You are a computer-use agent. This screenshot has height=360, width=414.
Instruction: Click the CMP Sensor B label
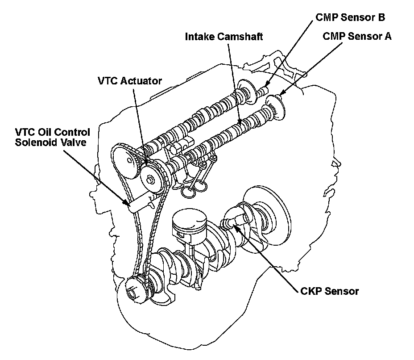(350, 18)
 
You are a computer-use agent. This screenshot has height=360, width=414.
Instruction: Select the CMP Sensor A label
(357, 37)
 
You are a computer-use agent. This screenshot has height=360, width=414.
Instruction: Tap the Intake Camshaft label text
(224, 37)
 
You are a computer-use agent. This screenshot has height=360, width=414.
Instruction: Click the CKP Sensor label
(329, 291)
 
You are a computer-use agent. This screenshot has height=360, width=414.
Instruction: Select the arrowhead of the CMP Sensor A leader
(279, 95)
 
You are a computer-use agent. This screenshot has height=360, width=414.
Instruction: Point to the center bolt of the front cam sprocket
(152, 180)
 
